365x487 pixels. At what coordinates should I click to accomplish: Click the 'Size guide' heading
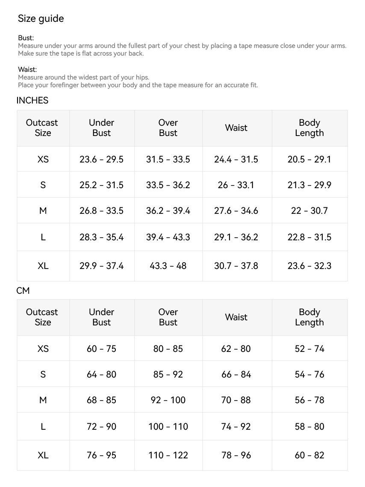point(41,18)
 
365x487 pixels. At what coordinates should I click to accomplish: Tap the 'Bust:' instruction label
point(26,38)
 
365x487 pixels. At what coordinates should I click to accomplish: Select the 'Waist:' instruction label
point(27,69)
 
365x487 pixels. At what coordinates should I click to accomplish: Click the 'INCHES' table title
point(32,100)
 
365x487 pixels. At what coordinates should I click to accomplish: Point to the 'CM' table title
point(23,290)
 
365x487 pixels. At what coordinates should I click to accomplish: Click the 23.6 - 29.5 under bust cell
point(101,159)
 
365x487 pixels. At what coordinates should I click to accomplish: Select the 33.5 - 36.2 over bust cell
point(168,185)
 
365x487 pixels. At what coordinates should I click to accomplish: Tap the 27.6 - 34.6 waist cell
point(236,211)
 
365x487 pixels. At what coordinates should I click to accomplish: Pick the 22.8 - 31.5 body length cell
point(309,237)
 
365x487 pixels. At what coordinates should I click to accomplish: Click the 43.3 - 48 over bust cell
point(168,266)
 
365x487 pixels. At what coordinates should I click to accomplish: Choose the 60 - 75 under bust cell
point(101,349)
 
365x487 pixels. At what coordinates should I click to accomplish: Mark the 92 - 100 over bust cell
point(168,400)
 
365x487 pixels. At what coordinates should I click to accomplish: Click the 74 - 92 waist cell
point(236,427)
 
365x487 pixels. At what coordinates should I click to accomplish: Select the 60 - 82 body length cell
point(309,455)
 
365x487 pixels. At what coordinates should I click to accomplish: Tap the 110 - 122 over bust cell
point(168,455)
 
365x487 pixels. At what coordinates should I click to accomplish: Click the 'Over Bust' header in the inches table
point(168,128)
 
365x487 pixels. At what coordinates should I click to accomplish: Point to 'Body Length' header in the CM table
point(309,317)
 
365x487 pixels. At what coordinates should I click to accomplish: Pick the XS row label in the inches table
point(43,159)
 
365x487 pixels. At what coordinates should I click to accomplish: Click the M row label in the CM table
point(43,400)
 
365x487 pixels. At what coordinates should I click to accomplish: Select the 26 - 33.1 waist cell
point(236,185)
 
